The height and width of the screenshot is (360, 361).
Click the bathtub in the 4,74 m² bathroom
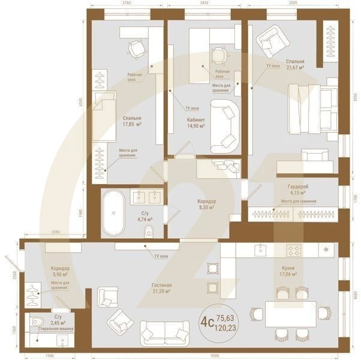(112, 213)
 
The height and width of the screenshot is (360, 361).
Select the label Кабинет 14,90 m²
(195, 122)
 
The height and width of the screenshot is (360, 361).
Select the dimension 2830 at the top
(204, 4)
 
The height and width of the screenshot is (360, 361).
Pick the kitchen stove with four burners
(294, 249)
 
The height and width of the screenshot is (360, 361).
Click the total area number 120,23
(226, 328)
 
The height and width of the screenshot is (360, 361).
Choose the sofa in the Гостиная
(163, 332)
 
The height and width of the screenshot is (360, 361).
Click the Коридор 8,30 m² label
(207, 204)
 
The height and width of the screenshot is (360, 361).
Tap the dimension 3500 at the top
(292, 4)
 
